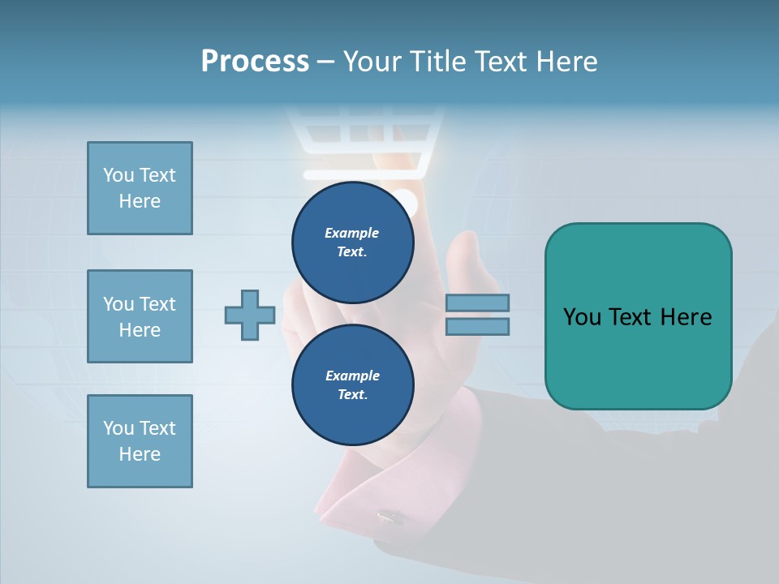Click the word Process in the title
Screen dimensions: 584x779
pyautogui.click(x=255, y=62)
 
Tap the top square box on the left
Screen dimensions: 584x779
pyautogui.click(x=140, y=188)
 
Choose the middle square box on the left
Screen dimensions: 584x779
pyautogui.click(x=140, y=316)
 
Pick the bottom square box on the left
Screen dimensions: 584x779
pyautogui.click(x=140, y=441)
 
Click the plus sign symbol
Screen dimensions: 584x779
pyautogui.click(x=250, y=316)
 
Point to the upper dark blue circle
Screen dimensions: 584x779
pyautogui.click(x=352, y=242)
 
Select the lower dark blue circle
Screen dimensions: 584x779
pyautogui.click(x=352, y=384)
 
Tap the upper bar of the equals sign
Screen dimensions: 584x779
pyautogui.click(x=477, y=303)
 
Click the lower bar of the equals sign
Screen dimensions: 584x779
pyautogui.click(x=477, y=326)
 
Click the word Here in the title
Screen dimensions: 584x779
pyautogui.click(x=567, y=62)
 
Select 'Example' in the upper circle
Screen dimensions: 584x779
pyautogui.click(x=352, y=233)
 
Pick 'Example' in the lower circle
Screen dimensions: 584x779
pyautogui.click(x=352, y=376)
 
